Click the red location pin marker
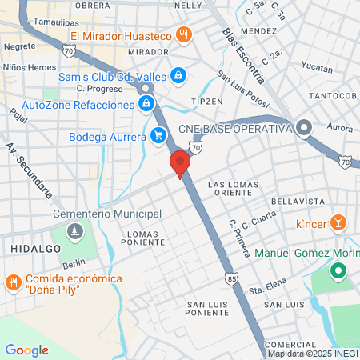(180, 164)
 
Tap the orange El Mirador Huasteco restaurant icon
(185, 34)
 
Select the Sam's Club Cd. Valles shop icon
(178, 76)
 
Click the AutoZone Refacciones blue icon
(146, 104)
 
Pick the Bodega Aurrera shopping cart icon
(158, 135)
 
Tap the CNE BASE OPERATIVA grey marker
(304, 127)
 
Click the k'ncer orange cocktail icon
(339, 222)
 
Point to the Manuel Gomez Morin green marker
(338, 272)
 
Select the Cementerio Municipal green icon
(75, 232)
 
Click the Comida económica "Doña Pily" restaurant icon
(14, 282)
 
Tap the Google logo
(26, 350)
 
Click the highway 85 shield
(231, 280)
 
